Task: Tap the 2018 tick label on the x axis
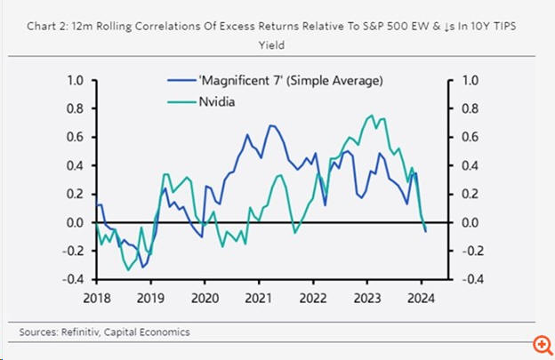point(96,299)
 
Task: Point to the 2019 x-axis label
point(150,299)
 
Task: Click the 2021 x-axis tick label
point(259,299)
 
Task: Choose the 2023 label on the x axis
point(368,299)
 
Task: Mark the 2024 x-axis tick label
point(422,299)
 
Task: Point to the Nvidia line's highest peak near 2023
point(369,116)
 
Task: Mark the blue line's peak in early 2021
point(269,125)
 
